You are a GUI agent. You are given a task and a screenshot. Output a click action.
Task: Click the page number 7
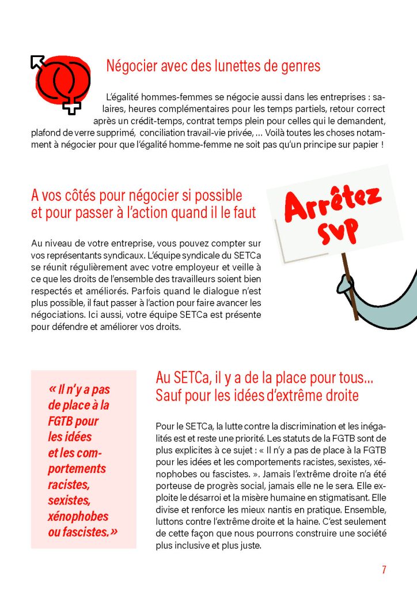[384, 570]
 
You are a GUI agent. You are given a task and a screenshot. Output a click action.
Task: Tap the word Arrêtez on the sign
[333, 204]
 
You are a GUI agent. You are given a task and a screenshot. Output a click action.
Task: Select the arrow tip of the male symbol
[37, 60]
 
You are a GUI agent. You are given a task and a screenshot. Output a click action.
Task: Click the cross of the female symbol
[71, 105]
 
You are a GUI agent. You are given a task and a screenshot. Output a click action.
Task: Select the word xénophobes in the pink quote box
[78, 516]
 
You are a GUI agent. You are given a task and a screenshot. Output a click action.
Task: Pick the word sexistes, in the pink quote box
[69, 500]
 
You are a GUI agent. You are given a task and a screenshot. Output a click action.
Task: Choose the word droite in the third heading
[337, 396]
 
